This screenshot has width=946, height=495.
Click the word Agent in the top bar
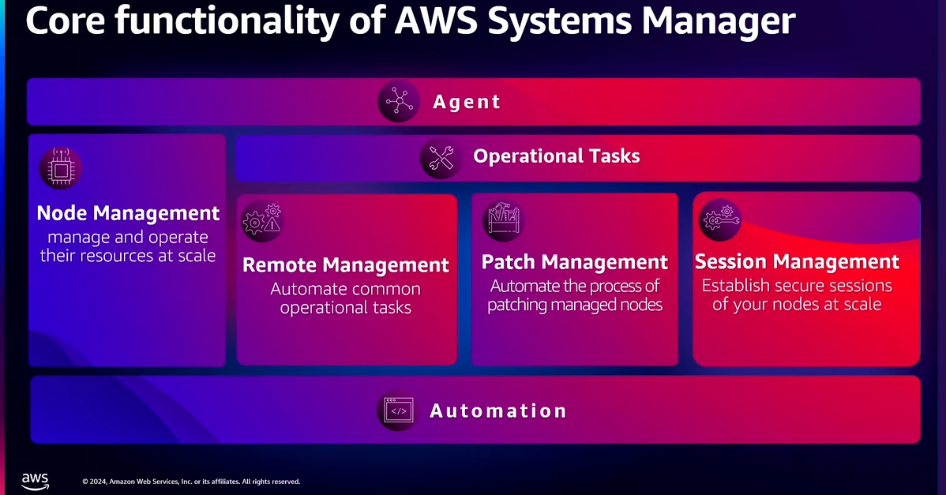[467, 102]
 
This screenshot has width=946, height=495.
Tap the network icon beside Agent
[400, 102]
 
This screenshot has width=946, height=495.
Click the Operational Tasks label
[556, 156]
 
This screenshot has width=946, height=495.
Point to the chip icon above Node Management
[61, 167]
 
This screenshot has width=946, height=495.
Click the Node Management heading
[128, 213]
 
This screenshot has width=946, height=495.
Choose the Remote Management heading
[346, 264]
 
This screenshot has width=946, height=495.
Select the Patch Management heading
[575, 262]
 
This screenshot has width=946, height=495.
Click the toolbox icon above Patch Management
[503, 219]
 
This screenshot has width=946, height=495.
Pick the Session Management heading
[797, 261]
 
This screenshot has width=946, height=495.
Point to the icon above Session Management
[719, 219]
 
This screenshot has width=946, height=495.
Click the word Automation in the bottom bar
[498, 411]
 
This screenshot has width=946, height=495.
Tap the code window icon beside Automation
[399, 411]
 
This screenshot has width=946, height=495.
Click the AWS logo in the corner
[35, 480]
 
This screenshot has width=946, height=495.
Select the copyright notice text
[191, 481]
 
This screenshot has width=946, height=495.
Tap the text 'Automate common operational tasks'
[346, 298]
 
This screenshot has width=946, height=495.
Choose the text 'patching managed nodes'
[575, 305]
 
